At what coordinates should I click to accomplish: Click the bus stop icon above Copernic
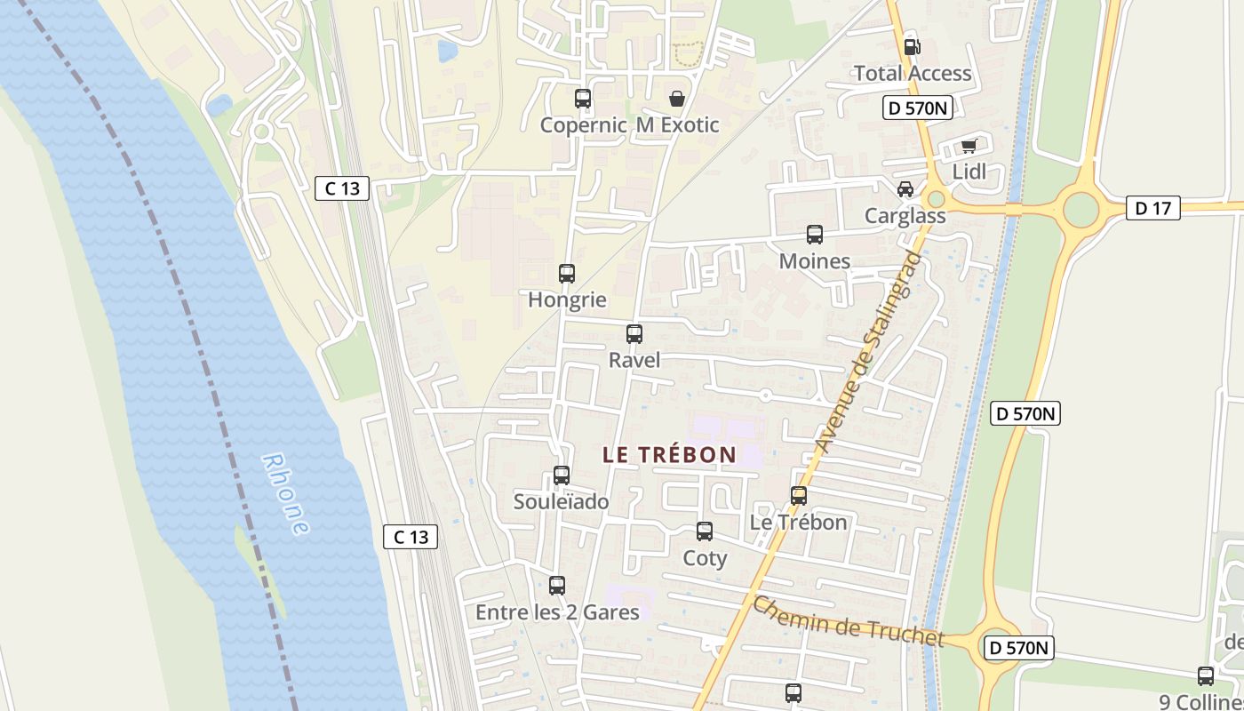(x=583, y=99)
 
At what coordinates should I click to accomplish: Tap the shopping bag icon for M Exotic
(x=677, y=99)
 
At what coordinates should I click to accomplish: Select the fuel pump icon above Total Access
(x=912, y=46)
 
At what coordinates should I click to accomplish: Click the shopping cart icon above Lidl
(x=969, y=146)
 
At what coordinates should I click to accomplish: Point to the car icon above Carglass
(x=905, y=189)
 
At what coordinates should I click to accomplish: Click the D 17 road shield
(x=1153, y=209)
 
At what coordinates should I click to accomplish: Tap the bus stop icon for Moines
(x=815, y=235)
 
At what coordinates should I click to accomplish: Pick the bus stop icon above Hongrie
(x=567, y=274)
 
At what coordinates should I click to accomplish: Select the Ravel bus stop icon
(x=634, y=334)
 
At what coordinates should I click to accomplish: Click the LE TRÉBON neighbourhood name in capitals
(x=669, y=454)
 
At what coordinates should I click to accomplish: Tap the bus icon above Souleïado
(x=562, y=475)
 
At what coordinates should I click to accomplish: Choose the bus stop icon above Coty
(x=705, y=531)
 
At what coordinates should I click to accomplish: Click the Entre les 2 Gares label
(x=557, y=612)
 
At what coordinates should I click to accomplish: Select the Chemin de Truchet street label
(x=848, y=622)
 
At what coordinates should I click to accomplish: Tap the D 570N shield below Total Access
(x=918, y=108)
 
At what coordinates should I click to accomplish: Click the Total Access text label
(x=913, y=73)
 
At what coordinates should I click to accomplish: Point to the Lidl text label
(x=969, y=172)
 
